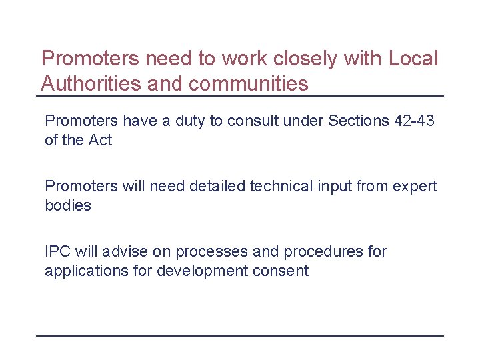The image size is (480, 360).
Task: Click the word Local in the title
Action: (x=412, y=59)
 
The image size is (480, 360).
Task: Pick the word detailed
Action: (x=217, y=187)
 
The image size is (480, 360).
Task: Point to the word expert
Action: (x=415, y=187)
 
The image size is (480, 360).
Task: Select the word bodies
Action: (x=67, y=205)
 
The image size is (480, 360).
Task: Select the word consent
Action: (x=283, y=271)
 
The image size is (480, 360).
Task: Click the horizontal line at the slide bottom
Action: (x=240, y=335)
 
